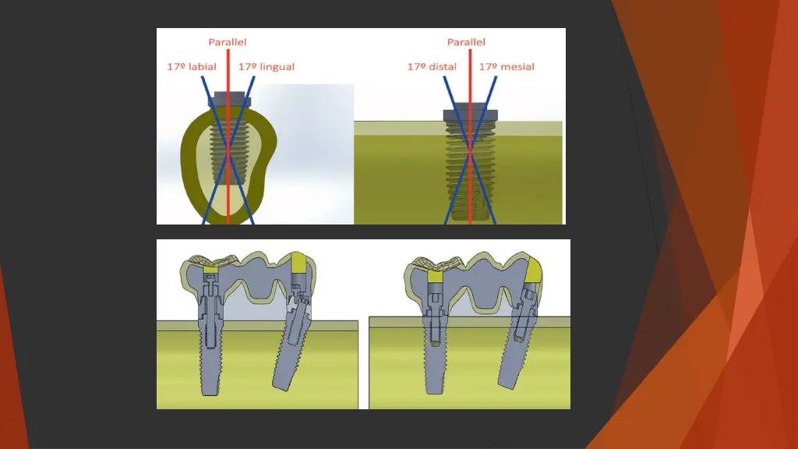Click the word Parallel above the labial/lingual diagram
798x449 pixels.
(x=228, y=41)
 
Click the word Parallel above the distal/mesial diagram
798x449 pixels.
(x=466, y=41)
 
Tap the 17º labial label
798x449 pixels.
(x=192, y=66)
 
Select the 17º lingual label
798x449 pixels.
(x=267, y=66)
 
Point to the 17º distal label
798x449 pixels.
(x=432, y=66)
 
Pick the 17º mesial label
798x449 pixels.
(x=507, y=66)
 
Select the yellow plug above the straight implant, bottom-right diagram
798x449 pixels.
(x=434, y=274)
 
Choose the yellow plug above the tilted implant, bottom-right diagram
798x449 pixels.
(x=534, y=270)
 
